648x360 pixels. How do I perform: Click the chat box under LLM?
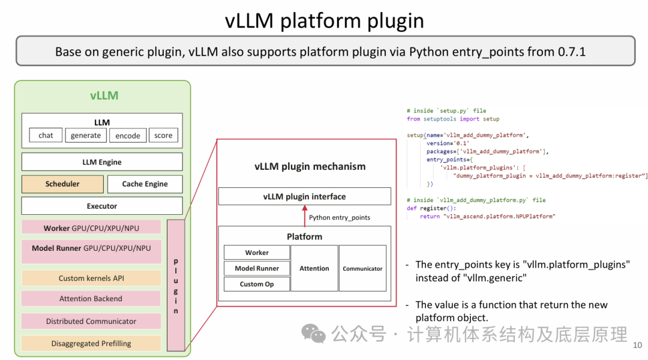tap(46, 135)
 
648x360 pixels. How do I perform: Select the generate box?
tap(86, 135)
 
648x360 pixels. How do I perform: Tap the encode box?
tap(128, 135)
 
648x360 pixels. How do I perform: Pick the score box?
tap(163, 135)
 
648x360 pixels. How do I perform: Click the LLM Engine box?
tap(102, 162)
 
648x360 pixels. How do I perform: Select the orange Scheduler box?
tap(62, 184)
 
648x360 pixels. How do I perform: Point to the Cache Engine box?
tap(145, 184)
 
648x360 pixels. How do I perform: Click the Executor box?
tap(102, 206)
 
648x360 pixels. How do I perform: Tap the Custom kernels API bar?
tap(91, 278)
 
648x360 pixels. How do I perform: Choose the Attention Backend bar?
tap(91, 298)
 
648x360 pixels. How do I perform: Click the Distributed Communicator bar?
tap(91, 321)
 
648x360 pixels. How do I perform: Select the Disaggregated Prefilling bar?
tap(91, 343)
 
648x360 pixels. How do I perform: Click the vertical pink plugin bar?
tap(176, 285)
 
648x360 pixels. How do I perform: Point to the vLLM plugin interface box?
tap(305, 196)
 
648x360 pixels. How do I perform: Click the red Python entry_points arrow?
tap(305, 216)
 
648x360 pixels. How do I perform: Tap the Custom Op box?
tap(257, 284)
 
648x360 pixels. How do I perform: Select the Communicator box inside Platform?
tap(362, 268)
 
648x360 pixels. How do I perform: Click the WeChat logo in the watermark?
tap(314, 334)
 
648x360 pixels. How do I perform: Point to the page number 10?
tap(637, 345)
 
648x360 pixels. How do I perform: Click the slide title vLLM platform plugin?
tap(325, 20)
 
